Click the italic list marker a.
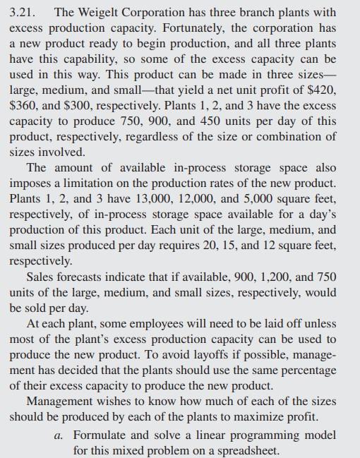point(59,435)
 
